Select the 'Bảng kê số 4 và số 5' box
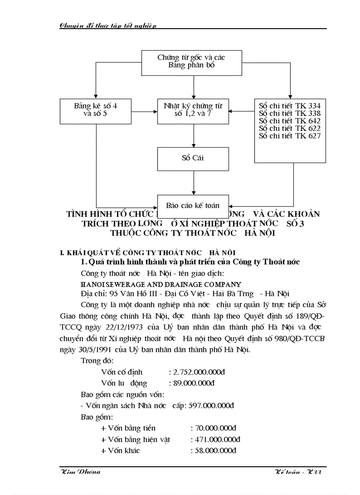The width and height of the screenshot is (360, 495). (96, 111)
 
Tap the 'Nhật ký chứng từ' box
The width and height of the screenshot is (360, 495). (193, 111)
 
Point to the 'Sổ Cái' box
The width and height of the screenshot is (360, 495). (193, 159)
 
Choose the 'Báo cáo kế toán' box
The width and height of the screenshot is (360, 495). (193, 205)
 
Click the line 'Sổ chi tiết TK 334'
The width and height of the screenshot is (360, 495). (289, 106)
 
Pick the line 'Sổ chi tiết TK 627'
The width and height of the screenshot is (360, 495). (289, 136)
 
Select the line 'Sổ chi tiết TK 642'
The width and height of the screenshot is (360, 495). (289, 121)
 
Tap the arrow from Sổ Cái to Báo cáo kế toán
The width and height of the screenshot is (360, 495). (194, 182)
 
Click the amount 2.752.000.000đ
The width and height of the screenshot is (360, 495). (194, 372)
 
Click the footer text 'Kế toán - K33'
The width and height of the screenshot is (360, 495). (297, 472)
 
